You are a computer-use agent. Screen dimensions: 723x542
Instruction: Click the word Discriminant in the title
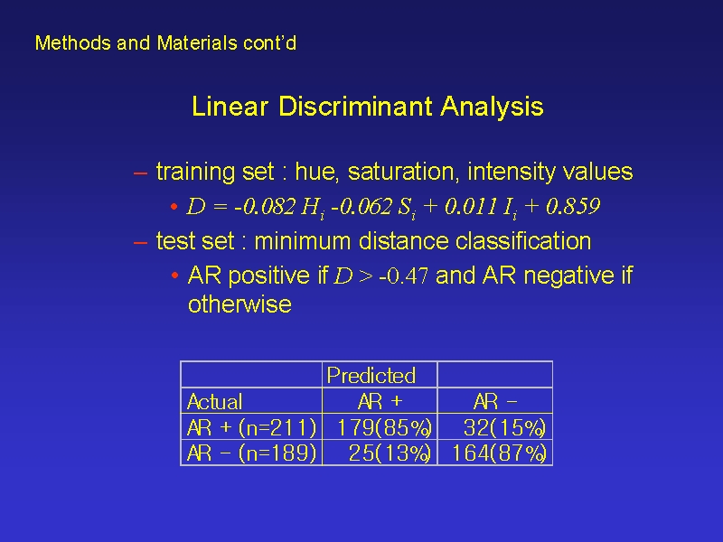click(x=355, y=106)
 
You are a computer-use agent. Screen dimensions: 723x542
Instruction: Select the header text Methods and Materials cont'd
click(x=165, y=42)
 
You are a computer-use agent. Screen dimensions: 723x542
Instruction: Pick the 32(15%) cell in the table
click(x=505, y=427)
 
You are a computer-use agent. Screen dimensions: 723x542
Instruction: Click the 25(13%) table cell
click(x=390, y=453)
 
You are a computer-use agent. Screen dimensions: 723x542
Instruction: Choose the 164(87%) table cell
click(x=500, y=453)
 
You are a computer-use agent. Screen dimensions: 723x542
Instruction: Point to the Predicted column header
click(x=371, y=375)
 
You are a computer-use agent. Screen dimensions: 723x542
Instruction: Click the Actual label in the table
click(x=214, y=401)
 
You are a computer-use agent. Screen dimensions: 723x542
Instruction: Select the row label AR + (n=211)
click(x=252, y=427)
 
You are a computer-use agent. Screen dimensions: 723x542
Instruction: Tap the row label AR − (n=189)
click(x=252, y=453)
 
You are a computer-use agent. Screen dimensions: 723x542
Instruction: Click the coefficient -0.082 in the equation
click(x=264, y=206)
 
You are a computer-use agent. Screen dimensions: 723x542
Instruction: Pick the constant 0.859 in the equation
click(x=573, y=206)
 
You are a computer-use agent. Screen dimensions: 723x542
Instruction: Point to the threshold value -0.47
click(x=403, y=276)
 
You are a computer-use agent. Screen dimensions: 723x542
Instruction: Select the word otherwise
click(x=239, y=304)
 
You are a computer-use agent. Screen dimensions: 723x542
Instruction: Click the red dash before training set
click(x=140, y=173)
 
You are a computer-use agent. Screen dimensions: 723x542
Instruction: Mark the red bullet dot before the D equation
click(x=174, y=207)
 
